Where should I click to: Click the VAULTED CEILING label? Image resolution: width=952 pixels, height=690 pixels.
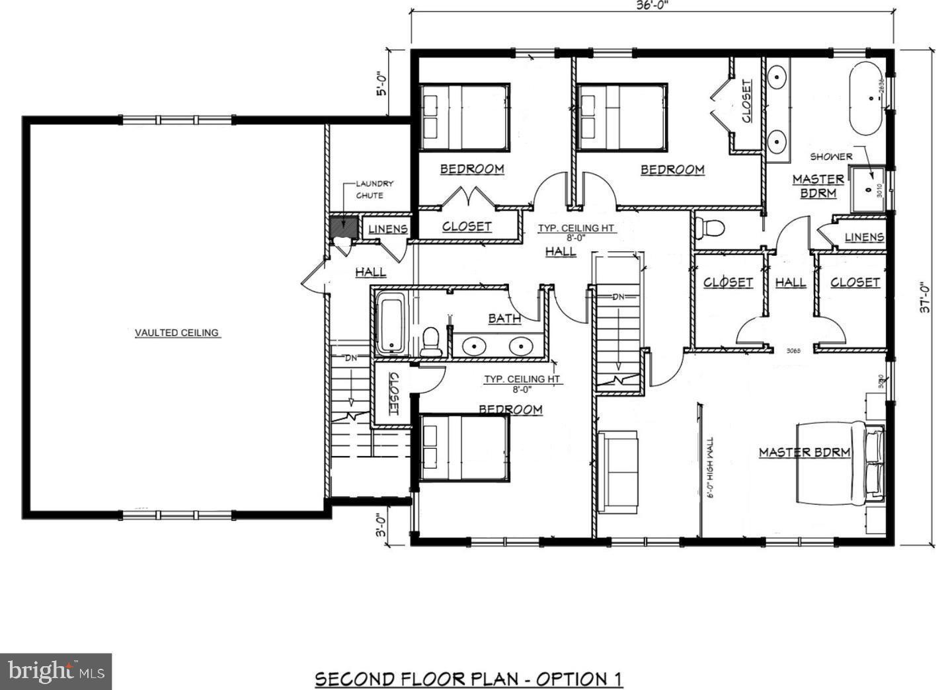click(x=177, y=332)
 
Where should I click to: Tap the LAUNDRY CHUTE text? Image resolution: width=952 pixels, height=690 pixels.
click(x=374, y=189)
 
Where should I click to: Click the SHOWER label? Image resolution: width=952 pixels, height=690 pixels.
click(x=831, y=157)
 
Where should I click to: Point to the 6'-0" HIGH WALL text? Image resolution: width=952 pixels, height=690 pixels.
click(x=711, y=467)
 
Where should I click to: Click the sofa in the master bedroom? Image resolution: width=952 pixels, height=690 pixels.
click(x=618, y=471)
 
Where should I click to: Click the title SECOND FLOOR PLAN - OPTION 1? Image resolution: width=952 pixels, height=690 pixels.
click(x=468, y=679)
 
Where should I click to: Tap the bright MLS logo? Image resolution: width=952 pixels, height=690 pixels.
click(x=56, y=671)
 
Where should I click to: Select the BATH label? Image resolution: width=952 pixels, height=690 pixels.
click(x=504, y=319)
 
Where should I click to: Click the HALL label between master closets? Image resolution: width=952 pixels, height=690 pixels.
click(x=790, y=282)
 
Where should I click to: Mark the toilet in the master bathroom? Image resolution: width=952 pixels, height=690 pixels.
click(x=711, y=228)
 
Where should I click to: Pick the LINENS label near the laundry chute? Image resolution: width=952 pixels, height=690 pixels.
click(x=387, y=229)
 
